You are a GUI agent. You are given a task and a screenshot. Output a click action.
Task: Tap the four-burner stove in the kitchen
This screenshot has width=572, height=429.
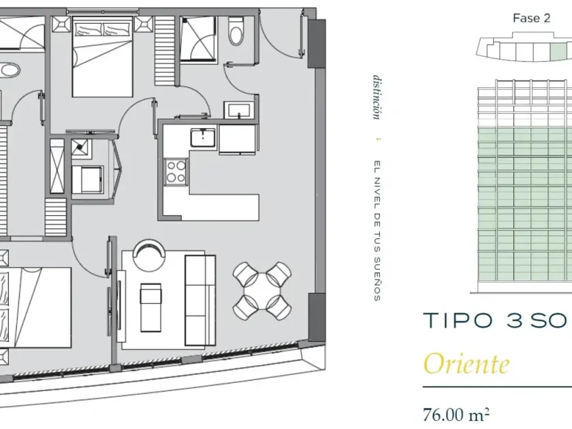pos(176,172)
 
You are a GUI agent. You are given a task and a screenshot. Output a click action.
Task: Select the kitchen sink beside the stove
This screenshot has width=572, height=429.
pos(203,138)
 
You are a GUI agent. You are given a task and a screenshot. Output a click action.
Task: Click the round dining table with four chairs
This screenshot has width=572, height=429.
pos(262,290)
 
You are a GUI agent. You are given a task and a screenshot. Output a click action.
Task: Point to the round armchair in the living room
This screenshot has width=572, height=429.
pos(149,255)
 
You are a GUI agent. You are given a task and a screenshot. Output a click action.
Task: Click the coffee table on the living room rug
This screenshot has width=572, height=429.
pos(150,308)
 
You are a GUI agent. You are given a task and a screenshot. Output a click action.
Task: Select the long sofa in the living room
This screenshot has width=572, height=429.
pos(200,300)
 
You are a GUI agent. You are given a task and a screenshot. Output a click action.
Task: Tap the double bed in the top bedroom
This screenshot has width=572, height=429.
pos(103,57)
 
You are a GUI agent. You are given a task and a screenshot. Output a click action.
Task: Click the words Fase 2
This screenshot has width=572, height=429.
pos(531,18)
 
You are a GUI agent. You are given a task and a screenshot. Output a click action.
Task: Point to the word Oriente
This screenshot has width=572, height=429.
pos(466,364)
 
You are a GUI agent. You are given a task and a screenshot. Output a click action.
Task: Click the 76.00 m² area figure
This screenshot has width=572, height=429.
pos(456,415)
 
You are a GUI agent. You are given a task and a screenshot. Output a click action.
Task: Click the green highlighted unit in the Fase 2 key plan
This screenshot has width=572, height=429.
pos(558,52)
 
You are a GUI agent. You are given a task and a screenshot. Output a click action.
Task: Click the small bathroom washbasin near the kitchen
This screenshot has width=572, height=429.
pos(239,110)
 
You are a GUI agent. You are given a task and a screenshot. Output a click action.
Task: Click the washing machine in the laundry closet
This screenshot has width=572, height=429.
pos(88,180)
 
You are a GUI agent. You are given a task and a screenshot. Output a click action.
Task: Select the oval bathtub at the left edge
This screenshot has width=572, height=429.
pos(9,70)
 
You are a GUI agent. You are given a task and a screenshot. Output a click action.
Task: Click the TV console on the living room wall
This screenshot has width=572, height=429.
pos(121,306)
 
